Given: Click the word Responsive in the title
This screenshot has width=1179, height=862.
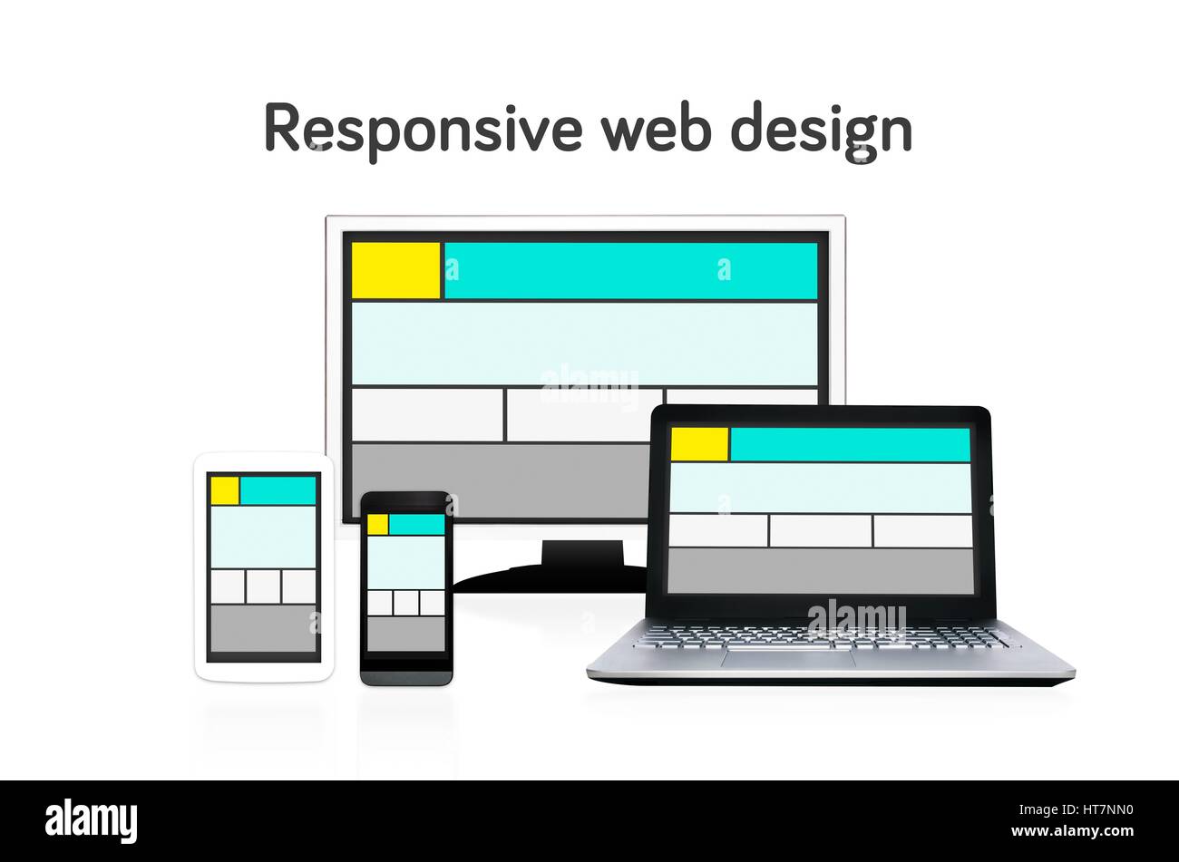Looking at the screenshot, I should click(422, 129).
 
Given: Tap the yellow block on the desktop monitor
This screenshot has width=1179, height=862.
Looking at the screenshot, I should click(395, 270).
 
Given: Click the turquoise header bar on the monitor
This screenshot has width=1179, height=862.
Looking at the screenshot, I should click(630, 270).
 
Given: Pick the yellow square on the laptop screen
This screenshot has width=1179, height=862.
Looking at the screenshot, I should click(699, 444).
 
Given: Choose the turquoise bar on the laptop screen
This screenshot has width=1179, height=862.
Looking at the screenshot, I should click(850, 444).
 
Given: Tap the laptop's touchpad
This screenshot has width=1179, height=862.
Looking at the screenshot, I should click(788, 658).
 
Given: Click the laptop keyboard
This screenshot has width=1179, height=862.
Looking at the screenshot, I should click(821, 637).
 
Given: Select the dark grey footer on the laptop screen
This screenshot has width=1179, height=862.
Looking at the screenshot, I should click(820, 570).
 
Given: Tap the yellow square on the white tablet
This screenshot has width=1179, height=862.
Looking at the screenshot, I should click(225, 490).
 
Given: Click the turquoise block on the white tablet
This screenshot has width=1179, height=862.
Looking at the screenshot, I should click(278, 490).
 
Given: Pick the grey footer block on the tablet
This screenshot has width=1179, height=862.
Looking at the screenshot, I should click(263, 628).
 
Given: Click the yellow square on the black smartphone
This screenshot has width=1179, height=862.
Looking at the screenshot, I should click(377, 524).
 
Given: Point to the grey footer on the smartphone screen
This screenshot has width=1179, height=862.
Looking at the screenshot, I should click(406, 634).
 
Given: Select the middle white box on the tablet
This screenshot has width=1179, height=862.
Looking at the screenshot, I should click(263, 586).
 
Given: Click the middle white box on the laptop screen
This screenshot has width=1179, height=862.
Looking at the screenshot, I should click(821, 531).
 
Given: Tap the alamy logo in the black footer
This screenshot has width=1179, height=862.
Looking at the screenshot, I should click(92, 821).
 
